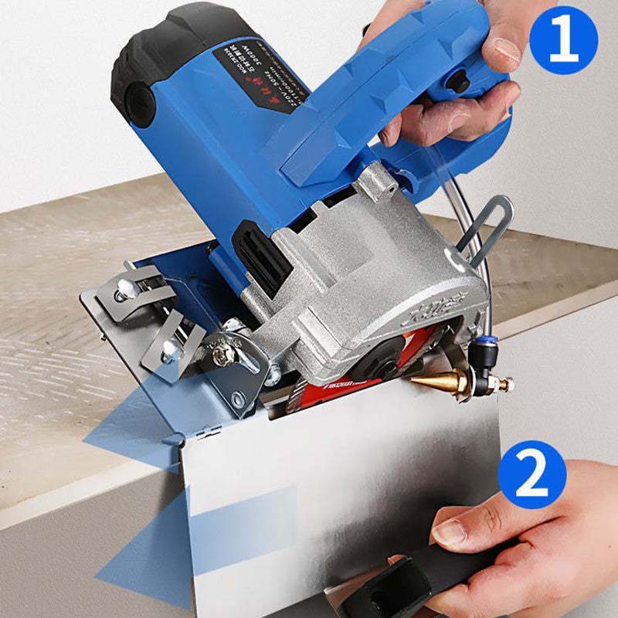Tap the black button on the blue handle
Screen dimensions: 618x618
click(x=460, y=80)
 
